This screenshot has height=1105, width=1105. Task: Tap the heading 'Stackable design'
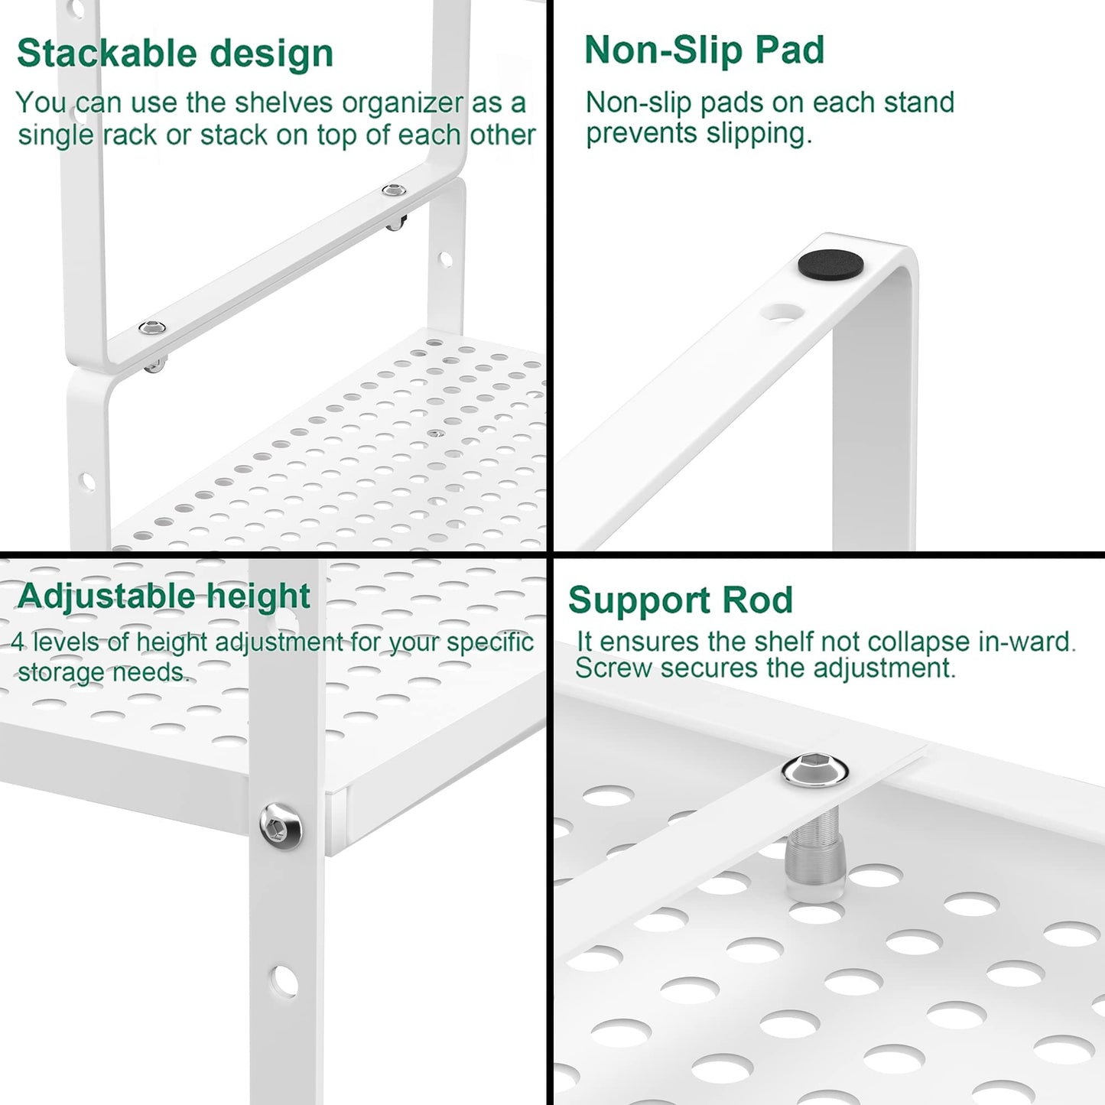click(175, 54)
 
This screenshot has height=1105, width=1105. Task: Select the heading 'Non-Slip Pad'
click(704, 50)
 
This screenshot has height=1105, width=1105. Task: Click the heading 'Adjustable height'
click(164, 596)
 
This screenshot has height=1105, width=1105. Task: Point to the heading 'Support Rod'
click(681, 600)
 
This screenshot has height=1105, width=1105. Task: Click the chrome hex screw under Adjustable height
click(281, 824)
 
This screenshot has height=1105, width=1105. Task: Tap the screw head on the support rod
click(815, 770)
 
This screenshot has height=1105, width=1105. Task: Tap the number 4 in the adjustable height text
click(17, 642)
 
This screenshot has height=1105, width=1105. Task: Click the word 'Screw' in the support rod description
click(613, 668)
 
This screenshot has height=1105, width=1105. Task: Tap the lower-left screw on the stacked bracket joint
click(152, 327)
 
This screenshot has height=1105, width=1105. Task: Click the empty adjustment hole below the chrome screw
click(283, 980)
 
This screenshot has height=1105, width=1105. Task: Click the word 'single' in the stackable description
click(56, 136)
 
